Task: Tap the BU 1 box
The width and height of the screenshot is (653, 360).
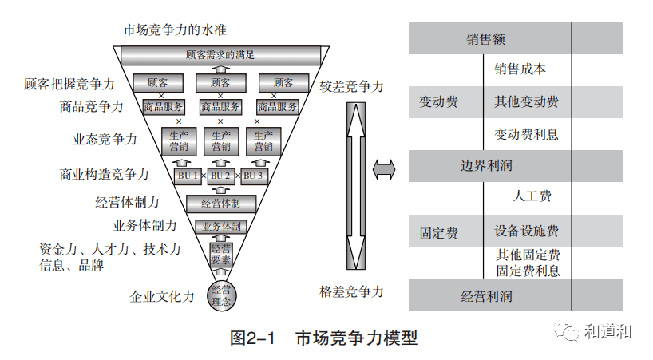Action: pyautogui.click(x=187, y=176)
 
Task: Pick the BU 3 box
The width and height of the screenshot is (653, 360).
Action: pyautogui.click(x=253, y=176)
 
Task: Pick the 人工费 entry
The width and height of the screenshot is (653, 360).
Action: pyautogui.click(x=530, y=196)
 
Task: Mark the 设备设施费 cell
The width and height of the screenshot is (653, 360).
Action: pyautogui.click(x=526, y=231)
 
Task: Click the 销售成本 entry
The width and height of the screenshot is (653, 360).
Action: pyautogui.click(x=520, y=69)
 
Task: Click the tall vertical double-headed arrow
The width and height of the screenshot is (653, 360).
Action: pyautogui.click(x=354, y=185)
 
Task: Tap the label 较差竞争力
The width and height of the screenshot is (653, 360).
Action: pyautogui.click(x=351, y=86)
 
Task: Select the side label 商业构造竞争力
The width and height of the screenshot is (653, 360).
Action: pyautogui.click(x=104, y=173)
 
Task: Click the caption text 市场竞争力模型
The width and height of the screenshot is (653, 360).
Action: pyautogui.click(x=355, y=338)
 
